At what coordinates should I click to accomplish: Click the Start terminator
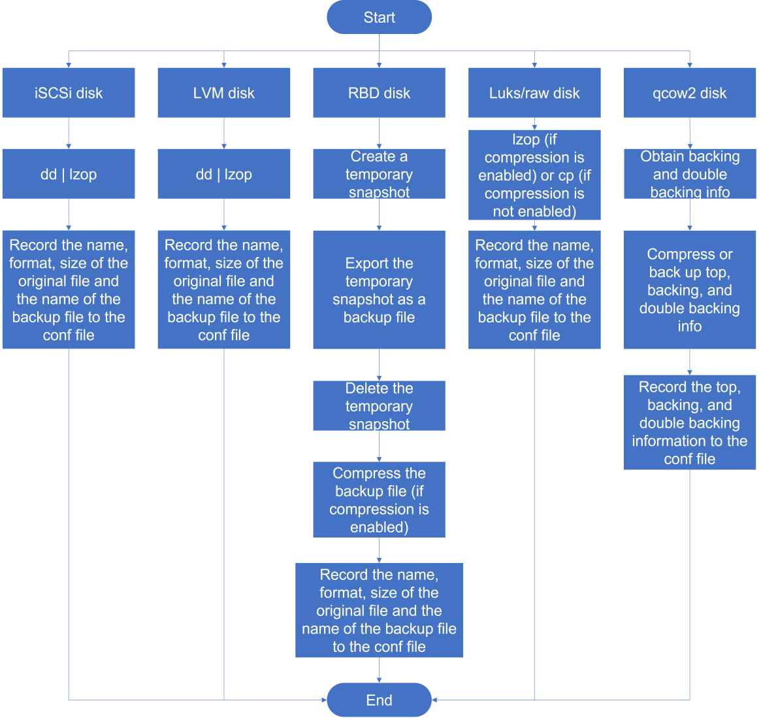(x=379, y=17)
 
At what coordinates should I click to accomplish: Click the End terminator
(x=379, y=700)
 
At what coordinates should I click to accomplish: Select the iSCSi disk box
(x=69, y=93)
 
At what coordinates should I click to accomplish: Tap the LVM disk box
(x=224, y=93)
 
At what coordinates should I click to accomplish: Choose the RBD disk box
(x=379, y=93)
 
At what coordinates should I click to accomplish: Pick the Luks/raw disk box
(x=534, y=93)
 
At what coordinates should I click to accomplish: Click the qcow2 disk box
(x=690, y=93)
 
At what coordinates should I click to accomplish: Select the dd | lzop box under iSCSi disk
(x=69, y=174)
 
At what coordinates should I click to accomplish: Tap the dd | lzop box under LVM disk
(x=224, y=174)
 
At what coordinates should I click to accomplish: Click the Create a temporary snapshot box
(x=379, y=174)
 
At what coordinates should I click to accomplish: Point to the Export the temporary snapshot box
(x=379, y=290)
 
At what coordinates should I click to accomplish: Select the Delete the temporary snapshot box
(x=379, y=405)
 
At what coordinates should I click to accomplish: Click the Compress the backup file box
(x=379, y=500)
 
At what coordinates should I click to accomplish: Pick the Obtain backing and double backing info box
(x=690, y=174)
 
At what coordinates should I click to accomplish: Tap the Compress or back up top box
(x=690, y=290)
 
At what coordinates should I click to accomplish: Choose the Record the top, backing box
(x=690, y=422)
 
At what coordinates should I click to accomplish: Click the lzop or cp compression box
(x=534, y=175)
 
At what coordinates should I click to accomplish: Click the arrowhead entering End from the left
(x=324, y=700)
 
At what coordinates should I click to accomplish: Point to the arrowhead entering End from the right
(x=434, y=700)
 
